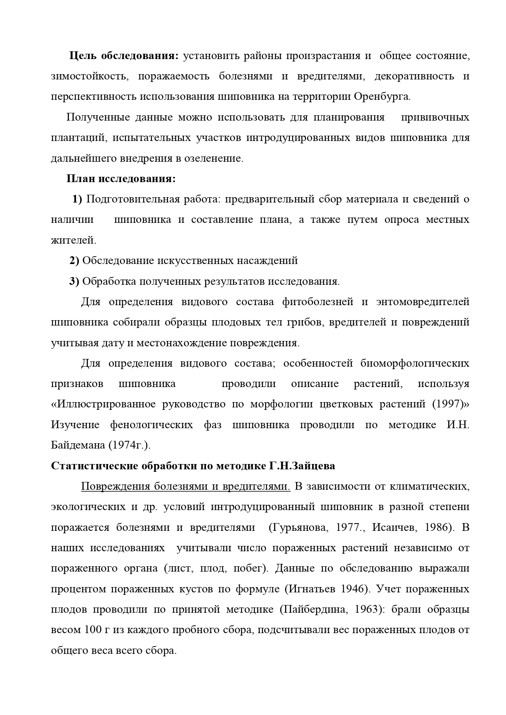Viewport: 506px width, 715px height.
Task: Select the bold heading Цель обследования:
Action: [x=124, y=56]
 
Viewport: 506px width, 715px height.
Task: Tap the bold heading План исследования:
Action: [x=121, y=179]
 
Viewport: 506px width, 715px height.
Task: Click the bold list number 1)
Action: [x=77, y=199]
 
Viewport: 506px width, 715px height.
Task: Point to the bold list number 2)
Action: [x=74, y=261]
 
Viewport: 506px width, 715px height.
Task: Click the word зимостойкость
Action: [x=90, y=77]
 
